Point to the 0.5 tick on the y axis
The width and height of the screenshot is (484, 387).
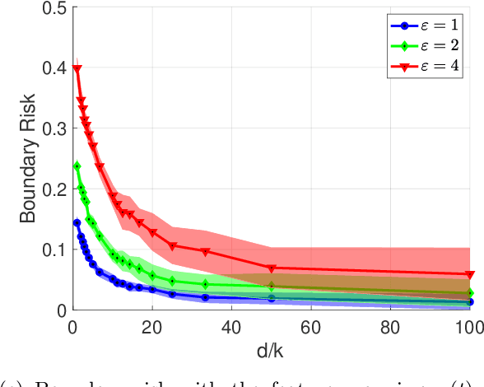[55, 7]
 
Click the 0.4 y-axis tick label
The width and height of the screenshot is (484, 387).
[55, 68]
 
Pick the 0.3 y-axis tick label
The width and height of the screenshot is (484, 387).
[55, 128]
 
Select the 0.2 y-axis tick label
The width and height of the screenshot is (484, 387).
[55, 189]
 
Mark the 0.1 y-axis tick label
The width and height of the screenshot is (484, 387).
[55, 249]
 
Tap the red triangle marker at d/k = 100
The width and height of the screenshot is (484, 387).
[470, 274]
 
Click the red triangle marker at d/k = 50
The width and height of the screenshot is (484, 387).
[272, 268]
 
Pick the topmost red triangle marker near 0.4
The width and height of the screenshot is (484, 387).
[77, 69]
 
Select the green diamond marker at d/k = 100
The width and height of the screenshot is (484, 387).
[470, 293]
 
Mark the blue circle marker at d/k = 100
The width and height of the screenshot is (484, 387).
[470, 302]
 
